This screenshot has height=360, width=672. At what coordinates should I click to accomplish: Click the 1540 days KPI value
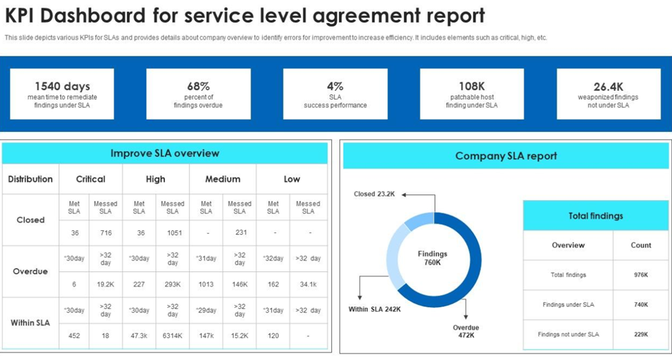click(x=63, y=87)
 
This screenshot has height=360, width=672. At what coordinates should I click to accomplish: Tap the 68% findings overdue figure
click(x=198, y=87)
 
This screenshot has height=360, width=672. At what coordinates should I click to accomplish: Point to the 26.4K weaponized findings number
click(x=609, y=87)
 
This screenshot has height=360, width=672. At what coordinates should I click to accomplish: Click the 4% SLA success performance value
click(x=335, y=87)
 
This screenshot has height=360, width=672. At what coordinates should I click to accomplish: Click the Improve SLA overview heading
click(x=165, y=153)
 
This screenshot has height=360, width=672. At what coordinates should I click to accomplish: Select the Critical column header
click(x=91, y=179)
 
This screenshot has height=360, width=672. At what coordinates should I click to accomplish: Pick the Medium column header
click(x=223, y=179)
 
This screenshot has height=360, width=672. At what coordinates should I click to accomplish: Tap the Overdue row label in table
click(x=30, y=271)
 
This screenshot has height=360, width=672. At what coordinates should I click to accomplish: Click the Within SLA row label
click(x=30, y=322)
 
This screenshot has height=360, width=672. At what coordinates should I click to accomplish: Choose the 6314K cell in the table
click(x=172, y=336)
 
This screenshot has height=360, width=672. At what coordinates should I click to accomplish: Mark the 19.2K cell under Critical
click(x=105, y=284)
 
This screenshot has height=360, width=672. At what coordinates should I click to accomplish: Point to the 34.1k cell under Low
click(x=308, y=284)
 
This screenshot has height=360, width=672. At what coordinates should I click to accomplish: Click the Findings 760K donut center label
click(x=432, y=258)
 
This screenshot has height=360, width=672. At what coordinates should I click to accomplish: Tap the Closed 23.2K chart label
click(x=374, y=194)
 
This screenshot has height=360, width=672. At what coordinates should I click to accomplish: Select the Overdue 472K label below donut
click(x=466, y=332)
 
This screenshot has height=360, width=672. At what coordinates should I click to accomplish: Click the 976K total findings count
click(x=641, y=275)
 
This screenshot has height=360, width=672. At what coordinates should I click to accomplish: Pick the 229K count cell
click(x=641, y=335)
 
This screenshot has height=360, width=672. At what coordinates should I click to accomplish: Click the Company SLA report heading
click(x=506, y=156)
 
